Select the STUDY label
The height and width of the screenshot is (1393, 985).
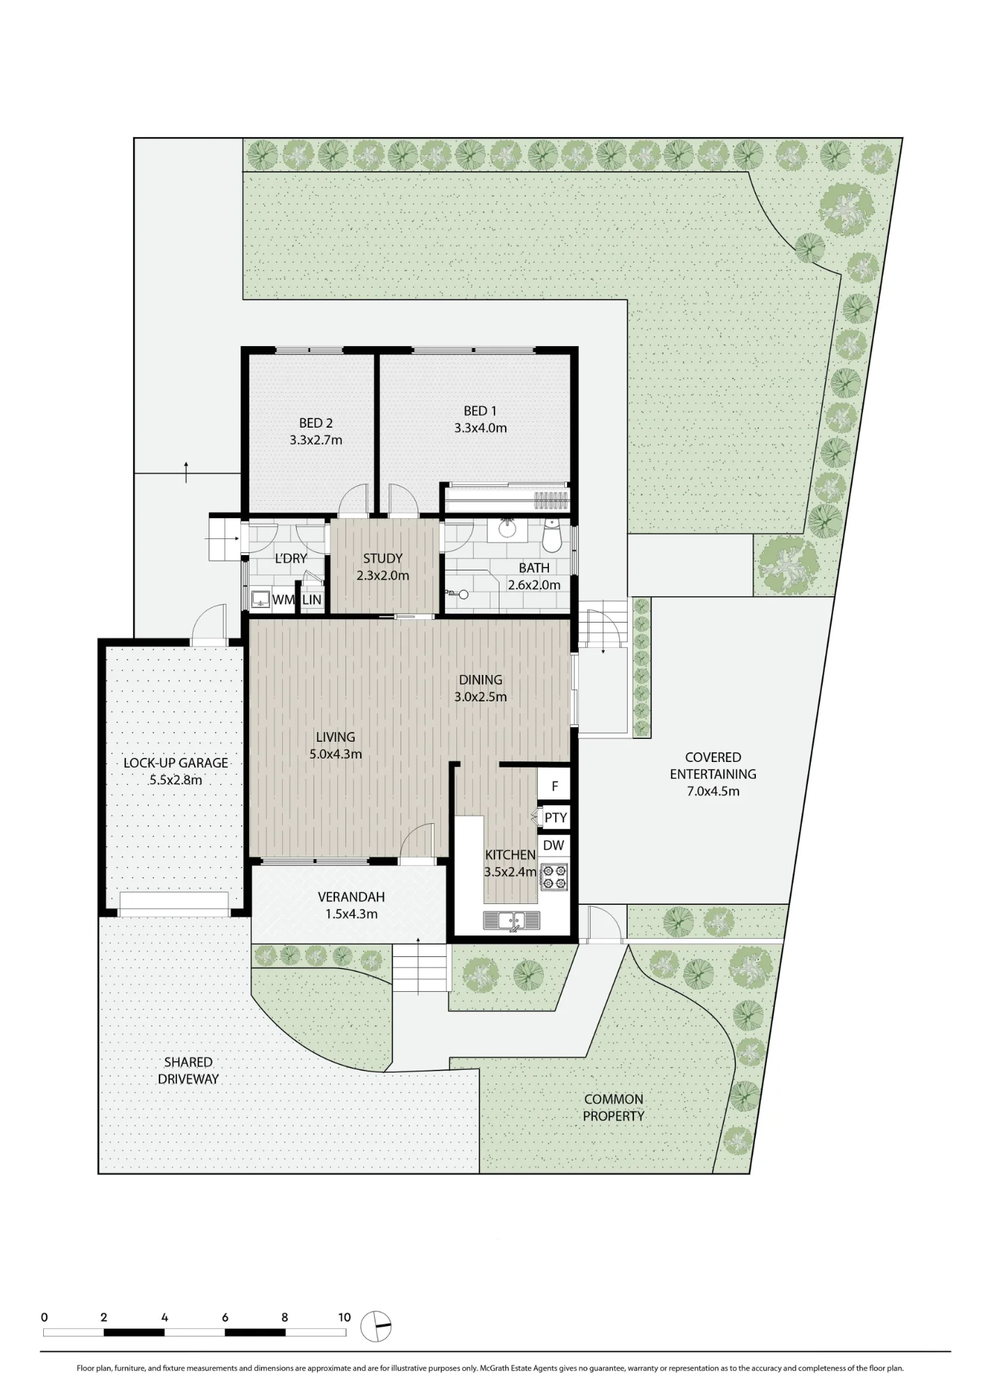[382, 558]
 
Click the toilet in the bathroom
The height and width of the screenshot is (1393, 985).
[552, 535]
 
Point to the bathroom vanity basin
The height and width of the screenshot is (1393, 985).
[507, 529]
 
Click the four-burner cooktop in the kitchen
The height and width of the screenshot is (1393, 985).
[554, 877]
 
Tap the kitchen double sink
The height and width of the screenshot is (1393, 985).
[512, 920]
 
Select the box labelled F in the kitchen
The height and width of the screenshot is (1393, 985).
[554, 785]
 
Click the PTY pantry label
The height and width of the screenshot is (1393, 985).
[555, 818]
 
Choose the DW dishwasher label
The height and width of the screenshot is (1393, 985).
[554, 846]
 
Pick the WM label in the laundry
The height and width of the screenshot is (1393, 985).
[282, 600]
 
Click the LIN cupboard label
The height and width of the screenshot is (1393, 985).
[311, 600]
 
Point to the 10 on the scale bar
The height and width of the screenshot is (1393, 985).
[344, 1317]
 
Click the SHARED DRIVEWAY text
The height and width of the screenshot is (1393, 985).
[188, 1071]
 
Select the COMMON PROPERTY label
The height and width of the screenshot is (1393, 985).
[614, 1107]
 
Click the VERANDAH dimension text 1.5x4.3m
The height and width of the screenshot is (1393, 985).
[351, 914]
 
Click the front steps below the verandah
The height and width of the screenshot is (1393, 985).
[421, 967]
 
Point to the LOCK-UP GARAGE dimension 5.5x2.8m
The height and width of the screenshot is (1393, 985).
[176, 780]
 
